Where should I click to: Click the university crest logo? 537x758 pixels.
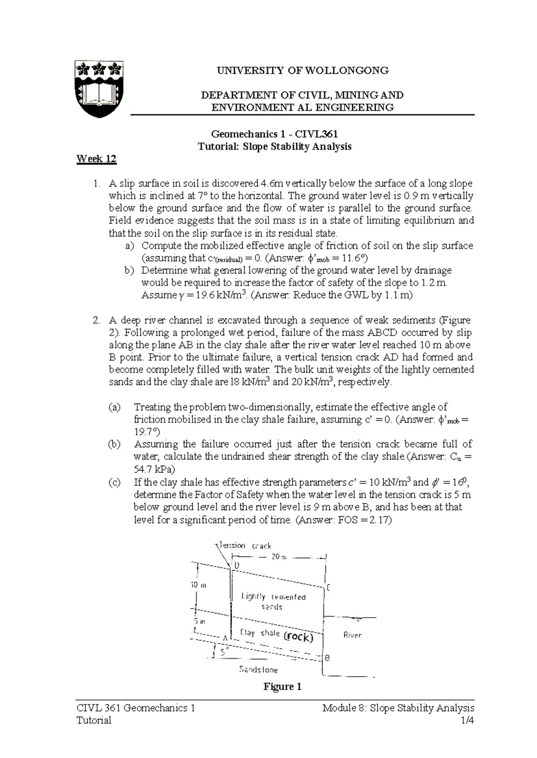[x=98, y=89]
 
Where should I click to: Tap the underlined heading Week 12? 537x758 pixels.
[x=96, y=159]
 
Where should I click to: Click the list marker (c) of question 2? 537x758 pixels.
[x=115, y=483]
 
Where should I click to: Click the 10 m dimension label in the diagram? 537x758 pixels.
[x=199, y=585]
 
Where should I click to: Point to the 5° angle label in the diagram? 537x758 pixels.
[x=224, y=653]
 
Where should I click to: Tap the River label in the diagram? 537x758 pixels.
[x=352, y=635]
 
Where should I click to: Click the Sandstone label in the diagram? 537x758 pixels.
[x=259, y=670]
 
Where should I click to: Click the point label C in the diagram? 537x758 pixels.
[x=328, y=588]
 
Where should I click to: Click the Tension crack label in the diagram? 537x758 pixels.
[x=244, y=546]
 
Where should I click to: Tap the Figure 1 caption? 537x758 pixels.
[x=282, y=686]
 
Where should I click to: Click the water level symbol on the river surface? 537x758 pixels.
[x=358, y=619]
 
